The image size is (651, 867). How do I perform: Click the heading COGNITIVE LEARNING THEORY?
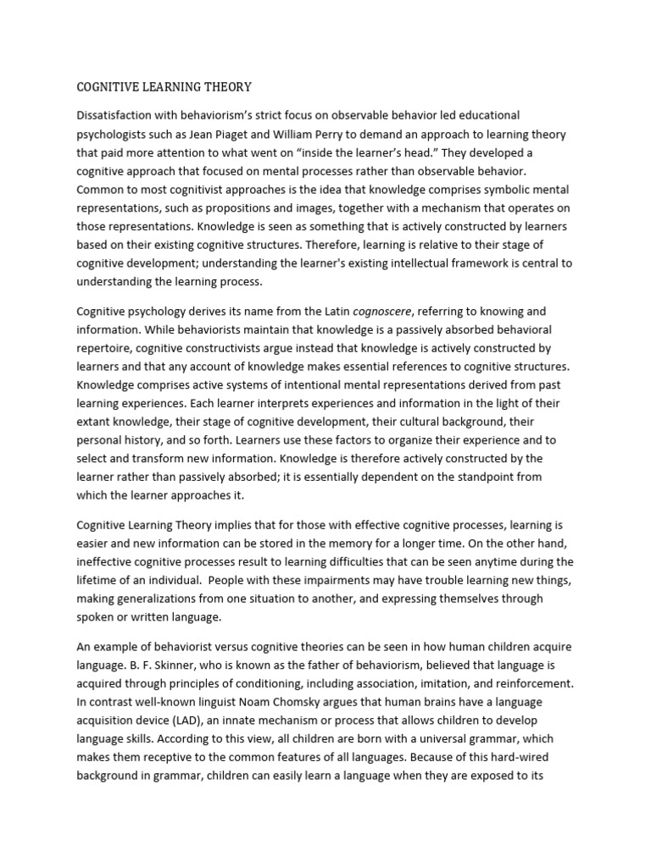point(164,86)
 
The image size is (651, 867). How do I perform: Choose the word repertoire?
point(106,349)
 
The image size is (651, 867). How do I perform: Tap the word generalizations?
point(162,598)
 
